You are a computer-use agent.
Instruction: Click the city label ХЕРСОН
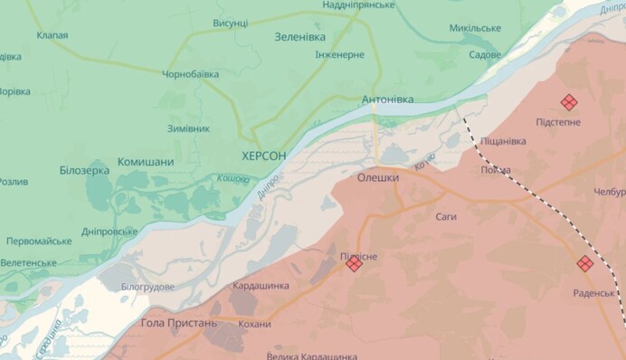pos(264,156)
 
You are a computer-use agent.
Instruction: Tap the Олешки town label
pos(378,178)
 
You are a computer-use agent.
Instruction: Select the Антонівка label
pos(387,99)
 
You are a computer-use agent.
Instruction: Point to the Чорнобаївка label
pos(191,74)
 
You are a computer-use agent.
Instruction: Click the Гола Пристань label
pos(179,323)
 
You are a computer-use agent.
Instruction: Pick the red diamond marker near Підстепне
pos(568,102)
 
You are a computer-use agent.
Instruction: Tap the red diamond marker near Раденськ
pos(585,263)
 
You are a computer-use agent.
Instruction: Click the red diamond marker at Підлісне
pos(354,263)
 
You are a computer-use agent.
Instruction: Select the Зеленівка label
pos(300,37)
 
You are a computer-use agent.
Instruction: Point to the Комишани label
pos(146,163)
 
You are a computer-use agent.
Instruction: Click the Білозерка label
pos(84,170)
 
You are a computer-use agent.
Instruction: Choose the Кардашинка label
pos(261,286)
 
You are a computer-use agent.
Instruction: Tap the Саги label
pos(446,217)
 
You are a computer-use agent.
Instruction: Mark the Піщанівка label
pos(503,141)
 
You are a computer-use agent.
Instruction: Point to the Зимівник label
pos(188,128)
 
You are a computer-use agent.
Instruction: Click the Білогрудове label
pos(147,287)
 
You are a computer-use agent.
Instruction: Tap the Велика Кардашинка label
pos(316,354)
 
